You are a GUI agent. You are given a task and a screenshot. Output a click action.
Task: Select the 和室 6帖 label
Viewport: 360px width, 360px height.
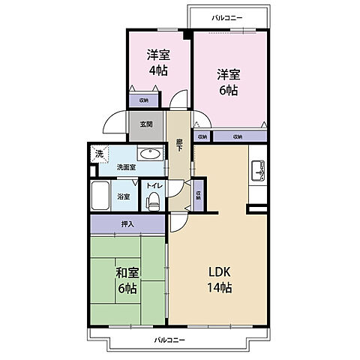(x=126, y=281)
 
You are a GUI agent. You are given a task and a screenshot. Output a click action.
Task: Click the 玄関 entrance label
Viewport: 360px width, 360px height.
(x=145, y=124)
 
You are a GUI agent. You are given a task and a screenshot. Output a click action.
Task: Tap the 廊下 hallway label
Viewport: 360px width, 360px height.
(x=179, y=145)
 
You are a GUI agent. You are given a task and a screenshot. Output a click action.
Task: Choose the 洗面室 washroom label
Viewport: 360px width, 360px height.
(x=126, y=167)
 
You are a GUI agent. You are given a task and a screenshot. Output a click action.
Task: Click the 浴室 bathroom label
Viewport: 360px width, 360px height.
(x=124, y=196)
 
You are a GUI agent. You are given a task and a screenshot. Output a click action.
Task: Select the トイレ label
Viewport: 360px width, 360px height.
(x=153, y=184)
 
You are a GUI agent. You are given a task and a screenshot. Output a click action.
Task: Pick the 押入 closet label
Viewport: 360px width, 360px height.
(x=127, y=223)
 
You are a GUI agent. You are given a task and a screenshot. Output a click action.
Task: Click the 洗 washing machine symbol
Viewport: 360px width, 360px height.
(x=98, y=154)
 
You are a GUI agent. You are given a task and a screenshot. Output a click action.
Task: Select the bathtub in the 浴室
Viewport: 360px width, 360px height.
(x=100, y=197)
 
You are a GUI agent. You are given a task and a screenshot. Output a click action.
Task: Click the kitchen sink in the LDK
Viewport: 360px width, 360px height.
(x=258, y=171)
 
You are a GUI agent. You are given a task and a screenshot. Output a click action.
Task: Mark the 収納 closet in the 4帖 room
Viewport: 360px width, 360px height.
(x=143, y=100)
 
